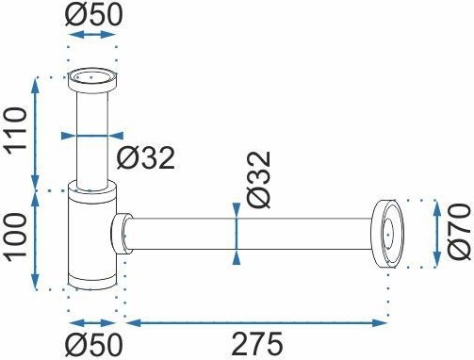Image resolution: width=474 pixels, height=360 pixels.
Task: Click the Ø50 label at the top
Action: coord(93,15)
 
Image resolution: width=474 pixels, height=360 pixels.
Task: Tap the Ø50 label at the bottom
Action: coord(93,345)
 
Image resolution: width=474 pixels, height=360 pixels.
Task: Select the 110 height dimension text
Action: coord(15,131)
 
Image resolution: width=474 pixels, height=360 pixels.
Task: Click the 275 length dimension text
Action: coord(257,344)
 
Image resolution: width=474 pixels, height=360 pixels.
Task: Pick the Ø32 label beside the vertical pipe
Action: coord(146,158)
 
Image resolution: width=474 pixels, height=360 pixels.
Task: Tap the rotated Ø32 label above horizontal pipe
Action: coord(258,180)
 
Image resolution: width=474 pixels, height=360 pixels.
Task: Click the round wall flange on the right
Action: coord(388,234)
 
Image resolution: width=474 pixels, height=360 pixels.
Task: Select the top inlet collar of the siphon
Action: coord(92,80)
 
